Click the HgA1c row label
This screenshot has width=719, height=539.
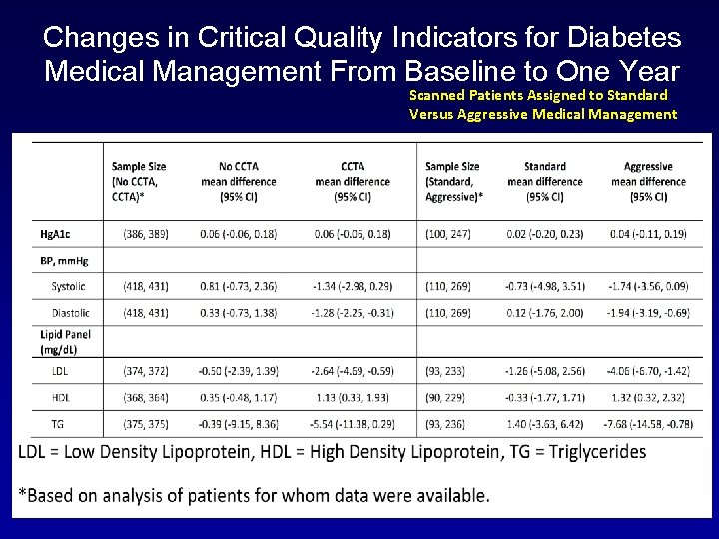click(55, 234)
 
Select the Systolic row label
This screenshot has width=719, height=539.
click(68, 286)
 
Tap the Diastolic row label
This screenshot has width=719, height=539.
click(69, 313)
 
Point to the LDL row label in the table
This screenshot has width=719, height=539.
click(61, 371)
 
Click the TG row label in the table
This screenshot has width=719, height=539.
click(59, 424)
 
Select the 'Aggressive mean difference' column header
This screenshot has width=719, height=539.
click(647, 181)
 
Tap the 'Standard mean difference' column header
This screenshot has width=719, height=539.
click(544, 181)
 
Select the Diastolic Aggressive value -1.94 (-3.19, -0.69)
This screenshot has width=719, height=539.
click(647, 313)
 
